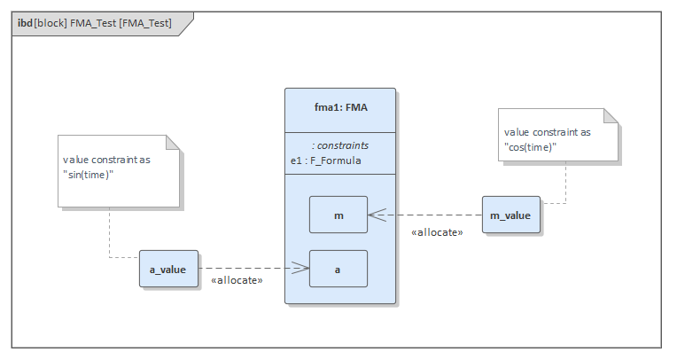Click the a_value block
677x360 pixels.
tap(168, 270)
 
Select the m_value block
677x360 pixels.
tap(511, 215)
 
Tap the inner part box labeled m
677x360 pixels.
tap(338, 215)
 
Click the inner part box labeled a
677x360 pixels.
tap(338, 269)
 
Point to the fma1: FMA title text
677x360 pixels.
tap(340, 108)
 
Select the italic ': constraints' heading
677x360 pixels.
tap(340, 145)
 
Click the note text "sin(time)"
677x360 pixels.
tap(88, 174)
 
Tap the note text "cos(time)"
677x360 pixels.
tap(531, 146)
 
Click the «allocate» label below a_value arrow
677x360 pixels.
tap(237, 281)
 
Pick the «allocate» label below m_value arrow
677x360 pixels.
tap(437, 232)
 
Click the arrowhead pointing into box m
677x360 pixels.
tap(376, 215)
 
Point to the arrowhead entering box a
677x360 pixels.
tap(300, 269)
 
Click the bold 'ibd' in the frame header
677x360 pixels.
tap(25, 22)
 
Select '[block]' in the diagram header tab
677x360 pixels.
tap(51, 22)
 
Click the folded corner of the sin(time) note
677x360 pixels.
tap(174, 143)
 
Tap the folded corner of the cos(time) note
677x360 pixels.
tap(611, 116)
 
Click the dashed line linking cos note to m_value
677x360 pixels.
tap(564, 182)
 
